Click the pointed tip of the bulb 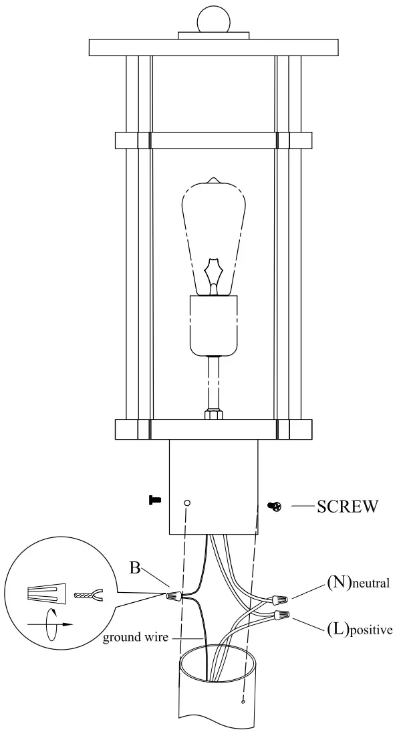click(x=213, y=180)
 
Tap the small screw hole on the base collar click(x=188, y=502)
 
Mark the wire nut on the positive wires click(x=280, y=614)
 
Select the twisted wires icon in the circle click(x=85, y=593)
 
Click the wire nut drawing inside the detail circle click(x=45, y=593)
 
